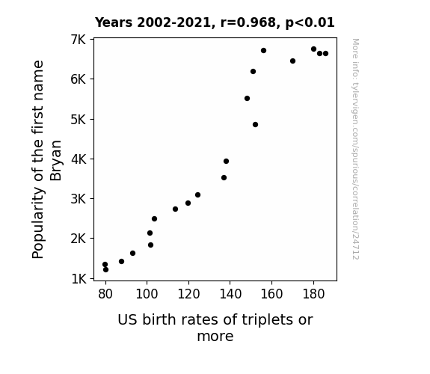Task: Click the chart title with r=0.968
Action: (x=215, y=22)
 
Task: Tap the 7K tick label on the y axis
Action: (x=79, y=40)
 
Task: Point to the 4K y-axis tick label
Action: (x=79, y=159)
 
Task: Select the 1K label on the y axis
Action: (x=79, y=279)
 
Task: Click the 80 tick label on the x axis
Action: (x=105, y=294)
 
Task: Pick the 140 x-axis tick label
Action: (x=230, y=294)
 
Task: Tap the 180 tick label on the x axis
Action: (x=313, y=294)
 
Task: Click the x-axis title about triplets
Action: (x=215, y=328)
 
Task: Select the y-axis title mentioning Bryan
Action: (x=46, y=159)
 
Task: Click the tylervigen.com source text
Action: (x=355, y=149)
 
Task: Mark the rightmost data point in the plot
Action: (x=325, y=54)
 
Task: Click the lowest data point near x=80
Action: (x=106, y=270)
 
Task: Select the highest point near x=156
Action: (x=263, y=50)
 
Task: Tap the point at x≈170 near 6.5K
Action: (x=292, y=61)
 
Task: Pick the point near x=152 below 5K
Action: (x=255, y=125)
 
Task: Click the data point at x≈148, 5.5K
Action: (x=247, y=98)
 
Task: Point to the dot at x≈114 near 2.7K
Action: (x=175, y=209)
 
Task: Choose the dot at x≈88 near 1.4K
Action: (x=121, y=261)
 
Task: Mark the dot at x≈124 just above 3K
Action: (x=197, y=194)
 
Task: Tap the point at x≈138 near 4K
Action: (x=227, y=161)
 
